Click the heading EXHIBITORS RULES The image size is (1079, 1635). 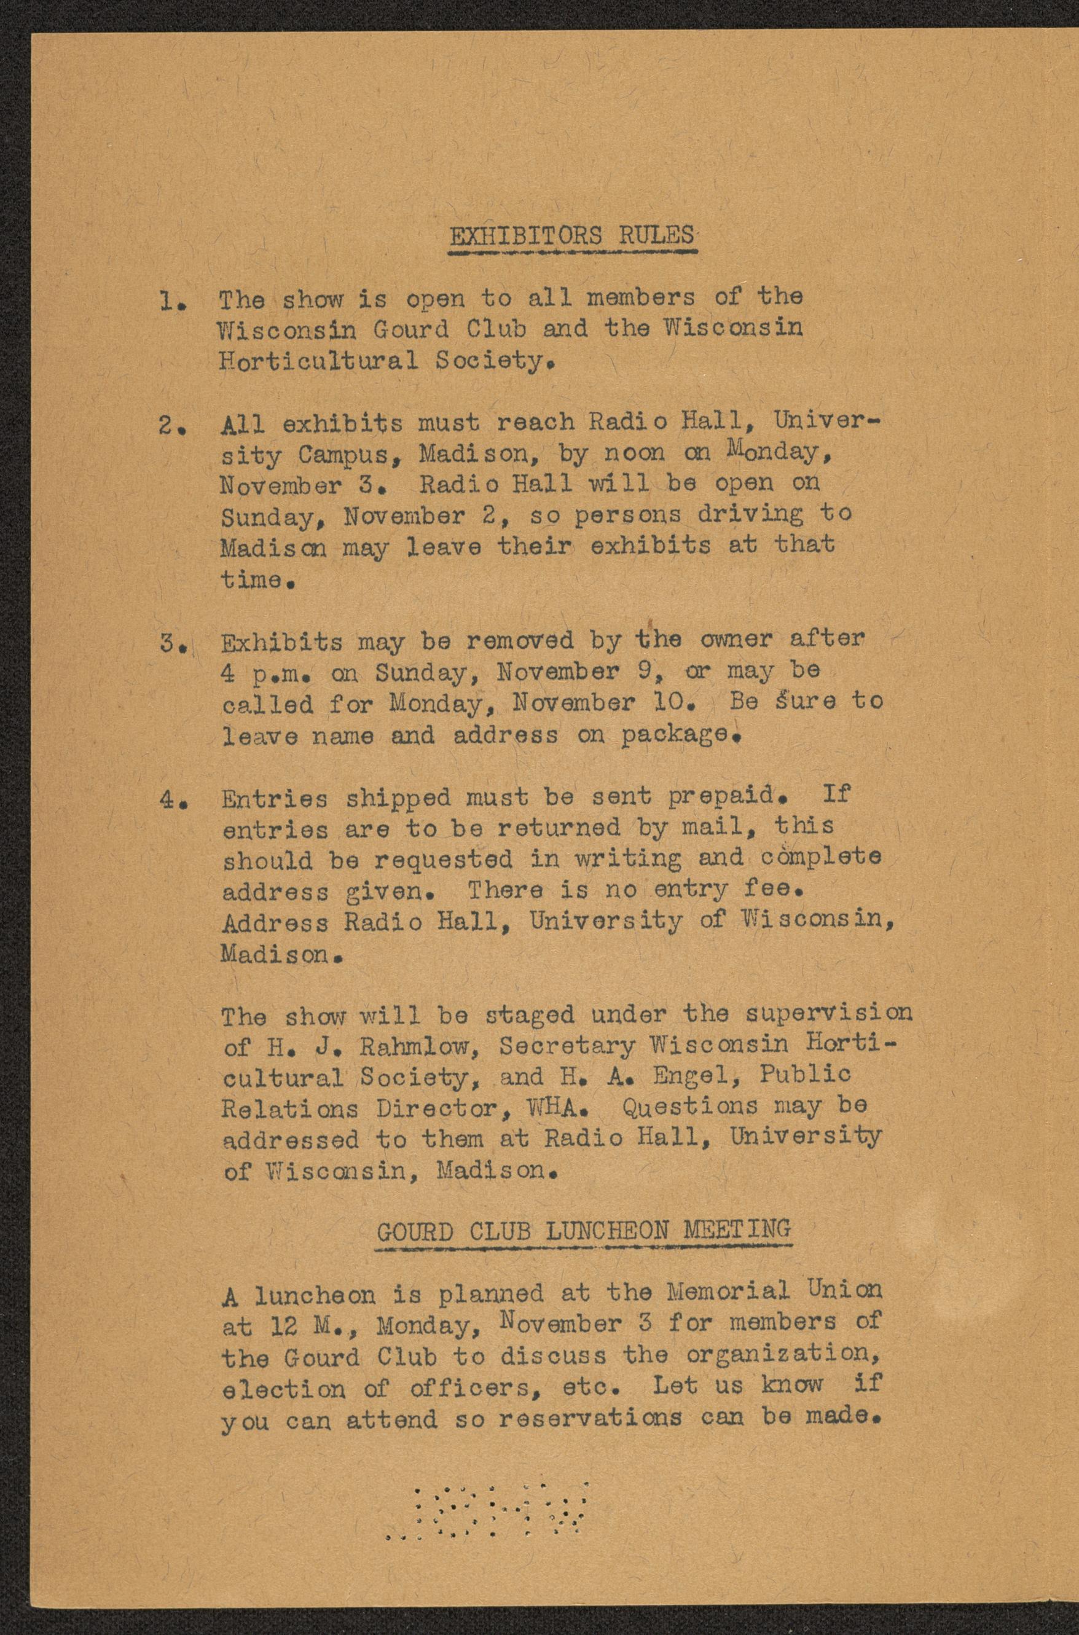(x=571, y=235)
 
